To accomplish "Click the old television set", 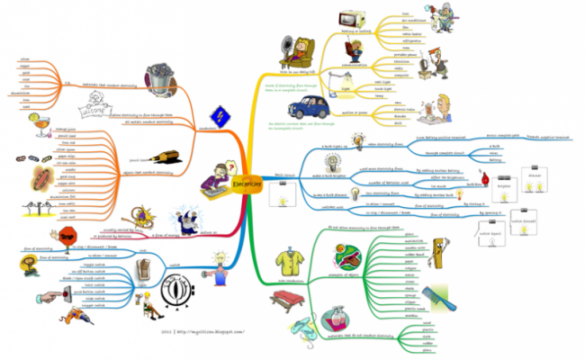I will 348,20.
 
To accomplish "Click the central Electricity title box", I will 247,181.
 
